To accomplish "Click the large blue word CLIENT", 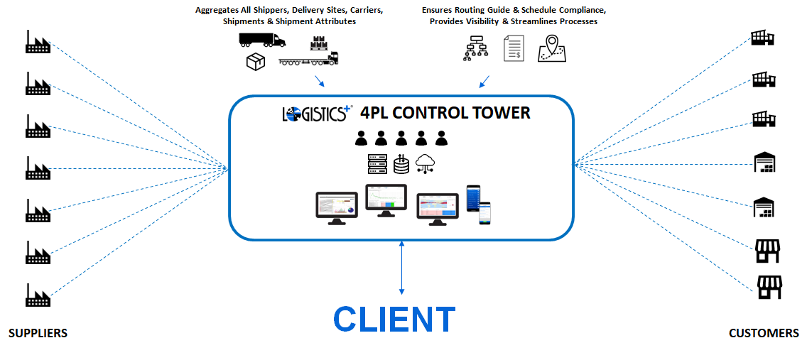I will point(394,320).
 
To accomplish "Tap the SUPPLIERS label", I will point(38,333).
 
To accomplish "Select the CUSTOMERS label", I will point(764,333).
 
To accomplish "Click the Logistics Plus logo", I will point(316,114).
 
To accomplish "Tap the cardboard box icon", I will point(255,62).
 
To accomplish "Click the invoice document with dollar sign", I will point(513,48).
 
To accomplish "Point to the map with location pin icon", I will point(551,48).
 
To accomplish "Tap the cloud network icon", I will point(425,164).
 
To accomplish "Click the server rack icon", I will point(377,164).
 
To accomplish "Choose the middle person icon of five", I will point(401,138).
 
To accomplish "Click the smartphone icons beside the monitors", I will point(478,204).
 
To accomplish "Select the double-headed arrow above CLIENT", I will point(402,267).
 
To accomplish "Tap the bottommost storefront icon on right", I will point(769,287).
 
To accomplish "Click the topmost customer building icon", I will point(763,38).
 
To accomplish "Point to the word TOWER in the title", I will point(500,112).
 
